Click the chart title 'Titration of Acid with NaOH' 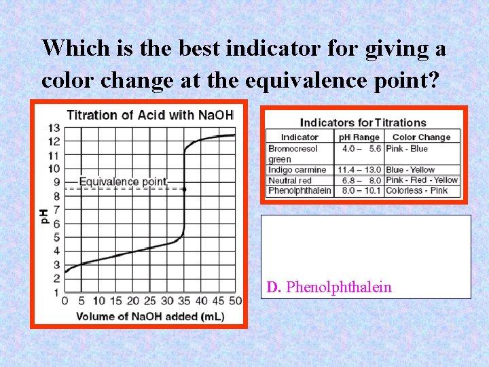(x=149, y=114)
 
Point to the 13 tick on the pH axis (x=54, y=128)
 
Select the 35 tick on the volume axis (x=184, y=301)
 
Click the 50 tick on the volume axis (x=235, y=301)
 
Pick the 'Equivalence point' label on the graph (x=123, y=181)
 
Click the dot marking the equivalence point (x=184, y=189)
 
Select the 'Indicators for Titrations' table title (x=363, y=123)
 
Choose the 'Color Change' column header (x=421, y=137)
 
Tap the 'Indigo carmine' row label (x=297, y=170)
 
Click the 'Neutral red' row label (x=290, y=180)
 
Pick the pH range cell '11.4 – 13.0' (x=361, y=170)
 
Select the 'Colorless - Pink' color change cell (x=416, y=190)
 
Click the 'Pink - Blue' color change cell (x=407, y=148)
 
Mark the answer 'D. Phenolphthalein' (x=329, y=287)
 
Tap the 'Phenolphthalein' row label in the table (x=300, y=190)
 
